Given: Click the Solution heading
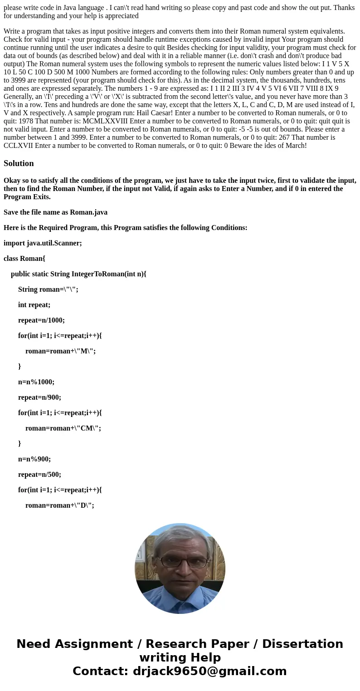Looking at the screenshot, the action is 19,163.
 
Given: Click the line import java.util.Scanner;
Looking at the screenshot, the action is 43,243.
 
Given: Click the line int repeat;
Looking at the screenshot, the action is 34,305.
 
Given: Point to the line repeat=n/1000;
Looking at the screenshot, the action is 41,320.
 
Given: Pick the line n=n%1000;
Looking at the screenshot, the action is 36,382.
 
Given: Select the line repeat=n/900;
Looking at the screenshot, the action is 39,397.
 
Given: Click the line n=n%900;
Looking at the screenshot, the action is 34,459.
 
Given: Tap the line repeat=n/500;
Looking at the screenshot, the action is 39,475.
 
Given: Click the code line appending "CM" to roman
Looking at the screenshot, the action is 63,428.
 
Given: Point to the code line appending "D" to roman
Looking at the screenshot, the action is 59,505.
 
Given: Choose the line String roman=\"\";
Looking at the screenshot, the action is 48,289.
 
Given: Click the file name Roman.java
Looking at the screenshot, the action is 88,212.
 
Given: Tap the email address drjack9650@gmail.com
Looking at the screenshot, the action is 209,671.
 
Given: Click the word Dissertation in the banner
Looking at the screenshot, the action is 302,644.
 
